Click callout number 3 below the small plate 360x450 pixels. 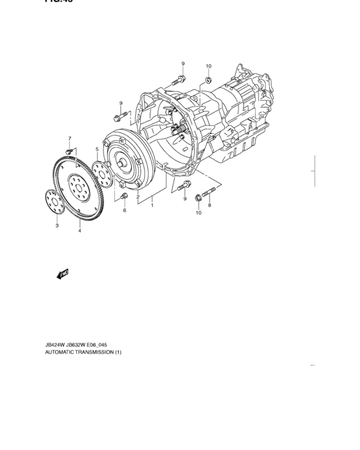click(x=57, y=226)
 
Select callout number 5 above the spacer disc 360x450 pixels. click(x=97, y=149)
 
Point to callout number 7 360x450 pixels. click(x=70, y=139)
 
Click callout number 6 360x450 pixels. click(x=125, y=210)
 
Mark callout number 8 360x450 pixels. click(x=209, y=205)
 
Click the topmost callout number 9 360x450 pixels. click(x=183, y=64)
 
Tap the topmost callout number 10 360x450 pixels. click(x=208, y=66)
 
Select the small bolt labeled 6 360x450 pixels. click(x=124, y=196)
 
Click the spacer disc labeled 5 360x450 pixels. click(x=100, y=171)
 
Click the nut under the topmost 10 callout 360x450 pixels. click(x=209, y=80)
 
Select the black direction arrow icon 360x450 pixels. click(x=62, y=275)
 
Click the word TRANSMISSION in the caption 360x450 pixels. click(x=92, y=352)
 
